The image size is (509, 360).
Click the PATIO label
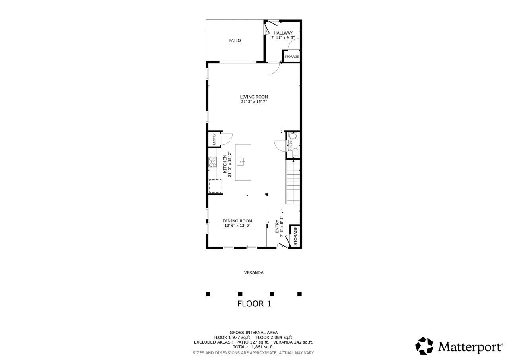pos(235,41)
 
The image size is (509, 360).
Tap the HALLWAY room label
pos(283,33)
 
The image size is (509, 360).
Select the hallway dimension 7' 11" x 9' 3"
pos(283,38)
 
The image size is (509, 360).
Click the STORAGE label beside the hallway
pos(291,57)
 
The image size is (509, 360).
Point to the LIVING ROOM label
pos(254,97)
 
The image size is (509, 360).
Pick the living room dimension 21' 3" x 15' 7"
pos(254,102)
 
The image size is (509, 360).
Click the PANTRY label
pos(214,139)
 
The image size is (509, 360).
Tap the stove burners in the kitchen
pos(213,162)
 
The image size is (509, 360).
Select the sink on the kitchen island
pos(241,162)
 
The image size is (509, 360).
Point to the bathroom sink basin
pos(293,136)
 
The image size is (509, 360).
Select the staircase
pos(293,181)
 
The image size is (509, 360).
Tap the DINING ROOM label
pos(237,221)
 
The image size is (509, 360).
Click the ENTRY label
pos(277,226)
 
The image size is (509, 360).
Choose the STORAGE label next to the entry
pos(295,236)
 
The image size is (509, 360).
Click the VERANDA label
pos(254,273)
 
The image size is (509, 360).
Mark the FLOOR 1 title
pos(254,304)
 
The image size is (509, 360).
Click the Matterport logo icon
pos(424,346)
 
